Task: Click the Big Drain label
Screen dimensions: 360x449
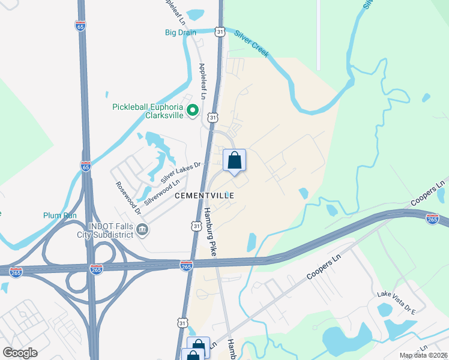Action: click(x=181, y=32)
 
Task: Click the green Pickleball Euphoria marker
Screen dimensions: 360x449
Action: click(x=193, y=110)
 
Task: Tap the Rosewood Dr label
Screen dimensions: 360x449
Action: click(x=128, y=197)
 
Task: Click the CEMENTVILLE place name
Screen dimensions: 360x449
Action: click(x=203, y=196)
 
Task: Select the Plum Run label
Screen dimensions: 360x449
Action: click(x=61, y=215)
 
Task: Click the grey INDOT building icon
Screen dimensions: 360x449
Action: click(x=143, y=229)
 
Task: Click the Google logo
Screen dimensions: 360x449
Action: click(x=20, y=353)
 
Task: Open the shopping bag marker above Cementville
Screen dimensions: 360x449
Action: click(x=234, y=161)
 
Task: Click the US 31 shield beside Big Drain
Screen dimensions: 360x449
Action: click(x=220, y=31)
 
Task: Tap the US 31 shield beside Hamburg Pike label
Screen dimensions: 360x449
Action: click(x=197, y=226)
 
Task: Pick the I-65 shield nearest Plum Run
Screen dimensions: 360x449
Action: click(x=86, y=166)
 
